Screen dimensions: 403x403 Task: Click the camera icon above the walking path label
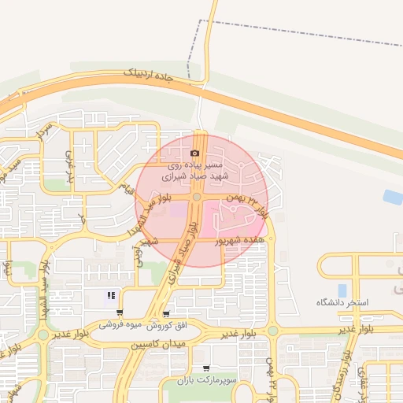(195, 153)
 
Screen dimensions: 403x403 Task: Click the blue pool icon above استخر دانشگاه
(341, 290)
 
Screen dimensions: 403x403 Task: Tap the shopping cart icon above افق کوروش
(165, 313)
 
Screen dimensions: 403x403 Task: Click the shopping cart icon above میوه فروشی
(119, 312)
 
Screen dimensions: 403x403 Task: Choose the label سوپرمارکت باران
(207, 380)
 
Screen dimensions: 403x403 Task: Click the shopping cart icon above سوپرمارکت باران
(206, 368)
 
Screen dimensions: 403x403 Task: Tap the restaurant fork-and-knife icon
(111, 297)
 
